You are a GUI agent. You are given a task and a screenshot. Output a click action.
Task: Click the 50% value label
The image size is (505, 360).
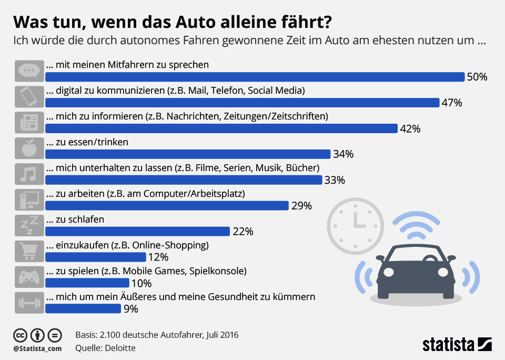(x=477, y=77)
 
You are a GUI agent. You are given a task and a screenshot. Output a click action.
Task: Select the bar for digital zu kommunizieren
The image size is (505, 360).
(x=243, y=103)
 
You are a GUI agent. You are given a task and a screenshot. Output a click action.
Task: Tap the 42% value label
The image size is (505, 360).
(x=410, y=128)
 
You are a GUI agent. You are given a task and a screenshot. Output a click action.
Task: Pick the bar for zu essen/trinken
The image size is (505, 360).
(x=188, y=154)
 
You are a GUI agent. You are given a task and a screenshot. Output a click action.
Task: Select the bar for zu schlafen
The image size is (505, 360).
(x=138, y=232)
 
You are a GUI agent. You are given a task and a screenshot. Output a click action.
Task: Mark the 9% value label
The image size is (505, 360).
(x=130, y=309)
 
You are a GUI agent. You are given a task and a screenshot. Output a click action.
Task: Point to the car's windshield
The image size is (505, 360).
(x=416, y=256)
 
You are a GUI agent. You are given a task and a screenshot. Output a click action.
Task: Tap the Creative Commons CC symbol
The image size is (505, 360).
(x=21, y=335)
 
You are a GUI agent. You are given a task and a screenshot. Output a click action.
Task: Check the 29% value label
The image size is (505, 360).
(x=301, y=206)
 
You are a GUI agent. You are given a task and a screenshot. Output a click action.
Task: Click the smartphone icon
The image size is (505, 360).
(x=29, y=97)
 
